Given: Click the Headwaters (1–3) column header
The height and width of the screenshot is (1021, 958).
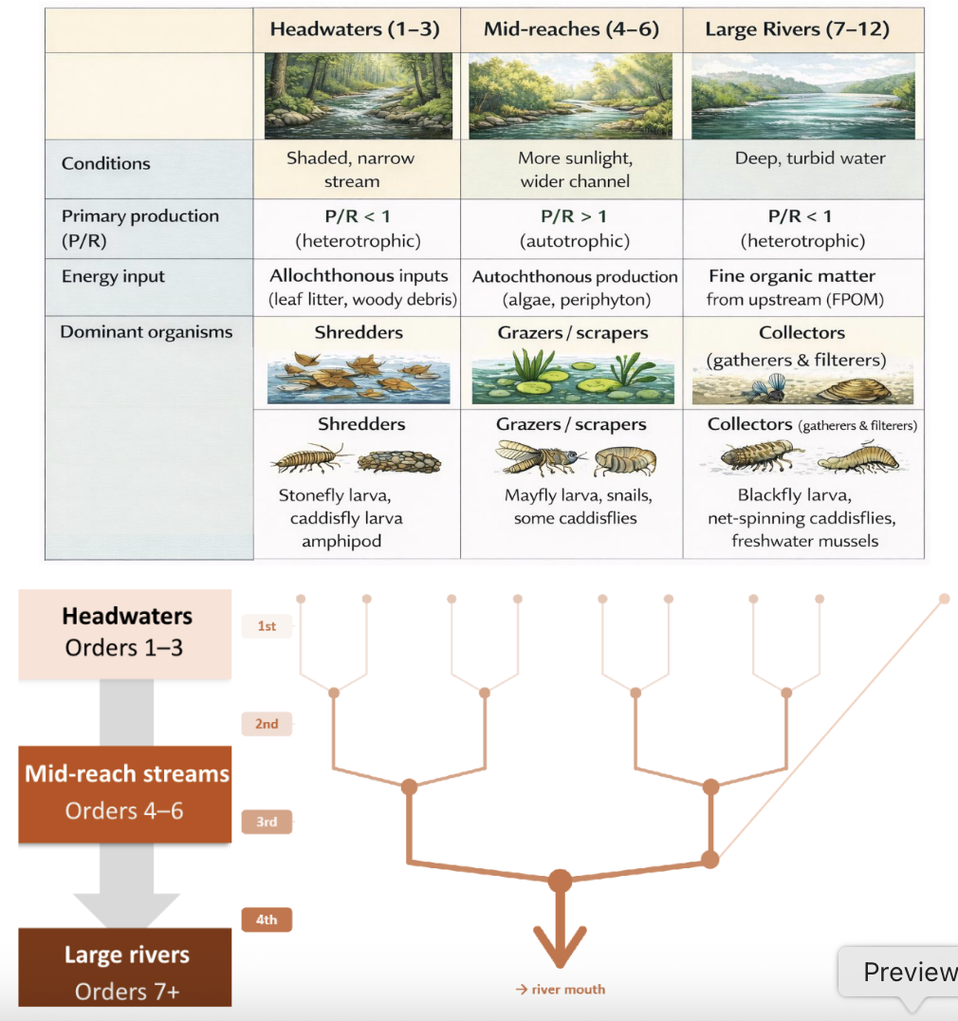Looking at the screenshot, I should pos(355,28).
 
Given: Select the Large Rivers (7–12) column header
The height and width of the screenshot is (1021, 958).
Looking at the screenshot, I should pos(797,28).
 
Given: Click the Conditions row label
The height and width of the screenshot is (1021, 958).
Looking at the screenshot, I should pos(106,163).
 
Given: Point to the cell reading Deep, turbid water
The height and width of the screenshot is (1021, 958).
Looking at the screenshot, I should pos(810,158).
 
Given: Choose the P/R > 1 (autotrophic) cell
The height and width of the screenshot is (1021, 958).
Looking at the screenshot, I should pos(573,228).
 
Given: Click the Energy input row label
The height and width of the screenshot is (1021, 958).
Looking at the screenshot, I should pos(113,277).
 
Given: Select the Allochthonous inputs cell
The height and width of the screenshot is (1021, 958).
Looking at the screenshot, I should pos(358,288).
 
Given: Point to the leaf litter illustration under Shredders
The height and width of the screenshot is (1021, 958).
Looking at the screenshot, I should pos(358,378).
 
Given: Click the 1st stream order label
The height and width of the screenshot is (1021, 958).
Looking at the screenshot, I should pos(267,626).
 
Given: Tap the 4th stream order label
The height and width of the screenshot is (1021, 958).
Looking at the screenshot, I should pos(267,919).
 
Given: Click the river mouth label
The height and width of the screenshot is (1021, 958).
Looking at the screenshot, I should pos(561,990).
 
